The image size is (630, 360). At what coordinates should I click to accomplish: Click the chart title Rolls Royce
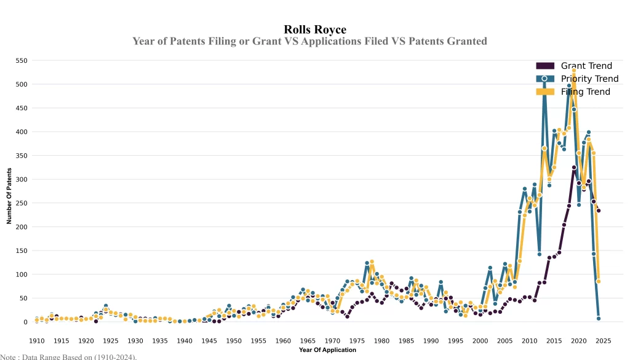tap(314, 30)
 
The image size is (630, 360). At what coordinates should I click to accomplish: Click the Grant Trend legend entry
tap(586, 66)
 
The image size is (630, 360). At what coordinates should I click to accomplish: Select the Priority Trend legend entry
tap(589, 79)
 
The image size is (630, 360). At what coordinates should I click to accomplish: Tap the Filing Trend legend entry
tap(585, 92)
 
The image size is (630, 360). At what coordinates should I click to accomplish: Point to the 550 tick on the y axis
tap(22, 61)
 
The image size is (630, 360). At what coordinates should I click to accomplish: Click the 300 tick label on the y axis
tap(22, 180)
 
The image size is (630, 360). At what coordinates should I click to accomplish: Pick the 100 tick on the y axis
tap(22, 274)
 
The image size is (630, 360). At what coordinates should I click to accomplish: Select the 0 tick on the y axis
tap(26, 322)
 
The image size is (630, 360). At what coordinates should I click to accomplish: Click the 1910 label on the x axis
tap(37, 341)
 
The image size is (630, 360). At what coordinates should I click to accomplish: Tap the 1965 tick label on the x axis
tap(308, 341)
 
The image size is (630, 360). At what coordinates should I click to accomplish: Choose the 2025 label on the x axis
tap(603, 341)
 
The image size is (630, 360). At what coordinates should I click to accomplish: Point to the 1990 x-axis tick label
tap(431, 341)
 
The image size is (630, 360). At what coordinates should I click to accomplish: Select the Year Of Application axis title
tap(327, 350)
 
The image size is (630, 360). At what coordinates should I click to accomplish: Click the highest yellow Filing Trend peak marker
tap(573, 71)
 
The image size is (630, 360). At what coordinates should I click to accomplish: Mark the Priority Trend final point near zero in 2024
tap(598, 318)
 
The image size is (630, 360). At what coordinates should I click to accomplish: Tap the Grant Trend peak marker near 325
tap(573, 167)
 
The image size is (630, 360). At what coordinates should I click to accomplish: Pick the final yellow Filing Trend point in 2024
tap(598, 281)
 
